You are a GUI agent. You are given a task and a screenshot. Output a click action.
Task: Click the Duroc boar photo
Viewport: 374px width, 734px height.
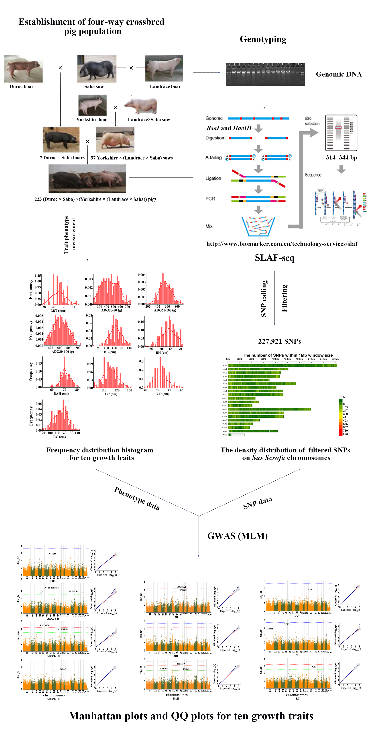tap(23, 69)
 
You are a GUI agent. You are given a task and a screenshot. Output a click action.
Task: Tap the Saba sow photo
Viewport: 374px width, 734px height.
tap(97, 68)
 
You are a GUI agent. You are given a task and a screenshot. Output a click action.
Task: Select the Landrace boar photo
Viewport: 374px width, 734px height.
tap(164, 68)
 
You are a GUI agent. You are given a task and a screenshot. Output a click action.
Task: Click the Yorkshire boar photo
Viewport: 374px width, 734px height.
tap(92, 105)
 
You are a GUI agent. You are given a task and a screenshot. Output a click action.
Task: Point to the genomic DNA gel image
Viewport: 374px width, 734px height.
tap(266, 74)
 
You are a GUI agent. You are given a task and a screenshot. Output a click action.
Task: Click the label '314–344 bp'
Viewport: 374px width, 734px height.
tap(341, 157)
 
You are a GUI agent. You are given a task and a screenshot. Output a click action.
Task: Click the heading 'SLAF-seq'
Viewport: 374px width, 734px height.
tap(274, 258)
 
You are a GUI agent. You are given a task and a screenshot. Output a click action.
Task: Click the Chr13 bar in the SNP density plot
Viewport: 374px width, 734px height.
tap(269, 409)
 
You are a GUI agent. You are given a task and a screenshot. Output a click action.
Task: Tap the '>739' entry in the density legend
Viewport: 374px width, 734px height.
tap(346, 434)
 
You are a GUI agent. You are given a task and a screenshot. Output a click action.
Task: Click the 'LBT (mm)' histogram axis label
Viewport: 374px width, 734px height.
tap(58, 311)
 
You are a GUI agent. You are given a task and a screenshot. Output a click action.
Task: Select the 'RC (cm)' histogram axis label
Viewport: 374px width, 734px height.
tap(59, 437)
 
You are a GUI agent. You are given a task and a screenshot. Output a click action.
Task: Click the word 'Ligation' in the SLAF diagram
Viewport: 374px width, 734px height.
tap(213, 178)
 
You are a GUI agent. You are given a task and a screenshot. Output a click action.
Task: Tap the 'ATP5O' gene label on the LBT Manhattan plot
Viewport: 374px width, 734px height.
tap(52, 554)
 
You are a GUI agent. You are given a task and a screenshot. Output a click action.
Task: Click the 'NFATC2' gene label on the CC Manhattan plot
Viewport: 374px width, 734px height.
tap(312, 590)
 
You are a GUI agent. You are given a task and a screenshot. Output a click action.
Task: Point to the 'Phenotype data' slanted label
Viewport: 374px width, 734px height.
tap(137, 498)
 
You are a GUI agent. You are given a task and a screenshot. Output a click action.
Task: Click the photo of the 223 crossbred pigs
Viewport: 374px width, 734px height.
tap(87, 178)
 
